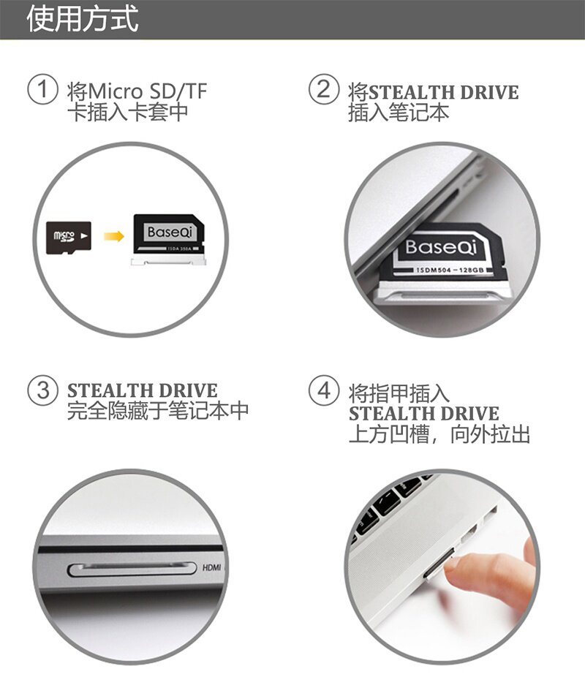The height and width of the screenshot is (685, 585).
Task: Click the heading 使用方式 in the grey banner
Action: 83,19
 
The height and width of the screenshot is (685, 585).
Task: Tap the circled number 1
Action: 42,89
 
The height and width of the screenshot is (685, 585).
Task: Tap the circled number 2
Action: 324,89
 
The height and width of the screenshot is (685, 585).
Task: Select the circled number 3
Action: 42,390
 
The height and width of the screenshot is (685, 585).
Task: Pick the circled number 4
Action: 324,390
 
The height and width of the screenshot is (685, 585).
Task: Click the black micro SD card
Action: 69,238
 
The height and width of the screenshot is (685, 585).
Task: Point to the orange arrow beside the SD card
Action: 114,236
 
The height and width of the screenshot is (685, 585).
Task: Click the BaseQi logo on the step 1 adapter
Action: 170,232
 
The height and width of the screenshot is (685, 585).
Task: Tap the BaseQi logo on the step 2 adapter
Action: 440,247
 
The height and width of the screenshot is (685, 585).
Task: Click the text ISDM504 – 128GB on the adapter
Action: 450,270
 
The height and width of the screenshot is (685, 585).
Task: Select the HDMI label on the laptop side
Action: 212,567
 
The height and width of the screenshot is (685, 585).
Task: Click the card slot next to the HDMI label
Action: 132,569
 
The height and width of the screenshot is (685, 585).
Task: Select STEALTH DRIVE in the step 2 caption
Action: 444,93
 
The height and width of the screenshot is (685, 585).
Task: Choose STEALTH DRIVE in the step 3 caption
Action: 143,390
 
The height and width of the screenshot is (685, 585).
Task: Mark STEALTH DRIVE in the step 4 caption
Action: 424,413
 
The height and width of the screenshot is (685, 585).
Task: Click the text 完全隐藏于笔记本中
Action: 158,411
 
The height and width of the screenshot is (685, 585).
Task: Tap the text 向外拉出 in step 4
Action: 490,434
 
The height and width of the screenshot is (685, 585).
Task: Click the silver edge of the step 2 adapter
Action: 442,292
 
